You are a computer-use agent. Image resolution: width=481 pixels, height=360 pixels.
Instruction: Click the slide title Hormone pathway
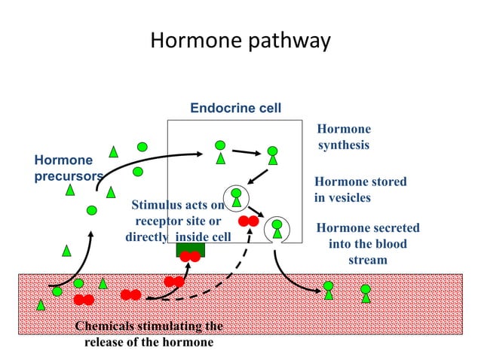[240, 40]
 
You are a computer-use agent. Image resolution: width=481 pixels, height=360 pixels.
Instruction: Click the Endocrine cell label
[235, 108]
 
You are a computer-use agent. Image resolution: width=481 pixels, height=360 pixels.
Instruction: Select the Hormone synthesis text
[343, 137]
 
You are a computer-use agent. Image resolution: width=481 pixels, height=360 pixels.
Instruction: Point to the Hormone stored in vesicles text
[360, 190]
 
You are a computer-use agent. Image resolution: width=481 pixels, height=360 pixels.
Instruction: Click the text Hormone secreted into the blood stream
[367, 243]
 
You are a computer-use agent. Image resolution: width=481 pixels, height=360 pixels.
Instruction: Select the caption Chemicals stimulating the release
[149, 334]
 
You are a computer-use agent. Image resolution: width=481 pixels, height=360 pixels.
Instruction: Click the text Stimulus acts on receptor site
[178, 221]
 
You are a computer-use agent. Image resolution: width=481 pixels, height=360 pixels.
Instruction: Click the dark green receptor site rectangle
[190, 250]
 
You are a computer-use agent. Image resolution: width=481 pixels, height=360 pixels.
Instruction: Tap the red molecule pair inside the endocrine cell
[248, 221]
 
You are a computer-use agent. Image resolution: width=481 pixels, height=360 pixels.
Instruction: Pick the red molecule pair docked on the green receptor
[190, 256]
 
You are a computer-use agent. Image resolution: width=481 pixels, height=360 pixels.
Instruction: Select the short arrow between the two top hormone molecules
[244, 153]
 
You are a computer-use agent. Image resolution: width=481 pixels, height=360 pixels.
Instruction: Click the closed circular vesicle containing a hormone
[236, 197]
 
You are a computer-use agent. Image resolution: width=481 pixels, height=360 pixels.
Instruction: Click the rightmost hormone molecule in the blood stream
[366, 292]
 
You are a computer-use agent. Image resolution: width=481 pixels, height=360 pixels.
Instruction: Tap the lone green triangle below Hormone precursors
[66, 250]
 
